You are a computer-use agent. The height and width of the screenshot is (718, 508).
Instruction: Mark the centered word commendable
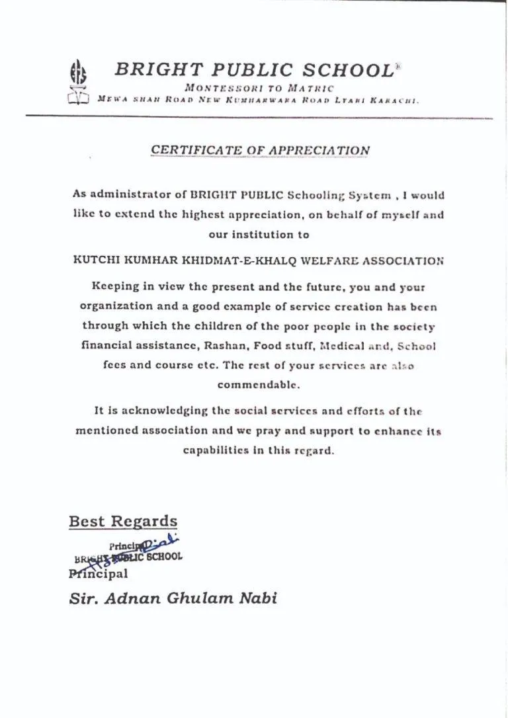coord(254,384)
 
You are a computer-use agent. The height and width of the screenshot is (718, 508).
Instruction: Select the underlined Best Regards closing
coord(123,521)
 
